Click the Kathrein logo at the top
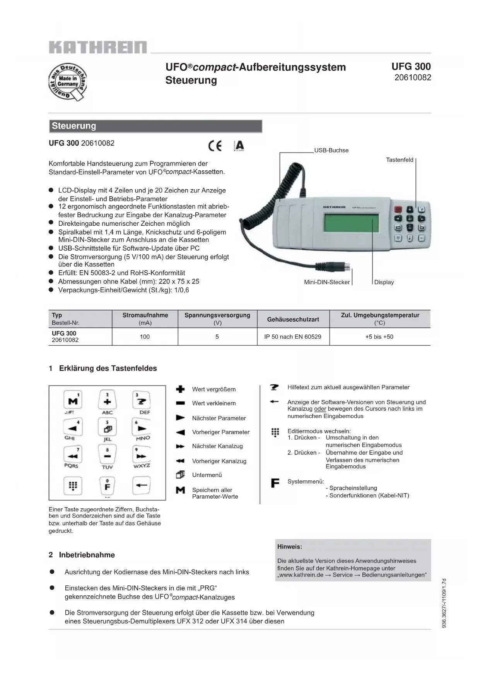(x=98, y=47)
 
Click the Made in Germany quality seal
(x=67, y=82)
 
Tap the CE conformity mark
(x=215, y=146)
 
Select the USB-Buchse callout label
(x=331, y=150)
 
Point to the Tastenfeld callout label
(x=400, y=160)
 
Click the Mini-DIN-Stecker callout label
(x=327, y=282)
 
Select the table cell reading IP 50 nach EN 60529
(x=293, y=337)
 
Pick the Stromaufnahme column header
(x=145, y=315)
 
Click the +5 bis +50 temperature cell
(x=379, y=337)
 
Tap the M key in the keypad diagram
(x=73, y=400)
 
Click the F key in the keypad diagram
(x=108, y=486)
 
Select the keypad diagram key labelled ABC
(x=108, y=401)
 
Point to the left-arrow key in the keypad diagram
(x=142, y=485)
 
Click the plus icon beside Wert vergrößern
(x=180, y=389)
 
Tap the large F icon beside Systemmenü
(x=275, y=483)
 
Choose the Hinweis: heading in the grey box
(x=290, y=547)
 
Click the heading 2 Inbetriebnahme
(x=82, y=555)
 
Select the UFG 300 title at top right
(x=411, y=67)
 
